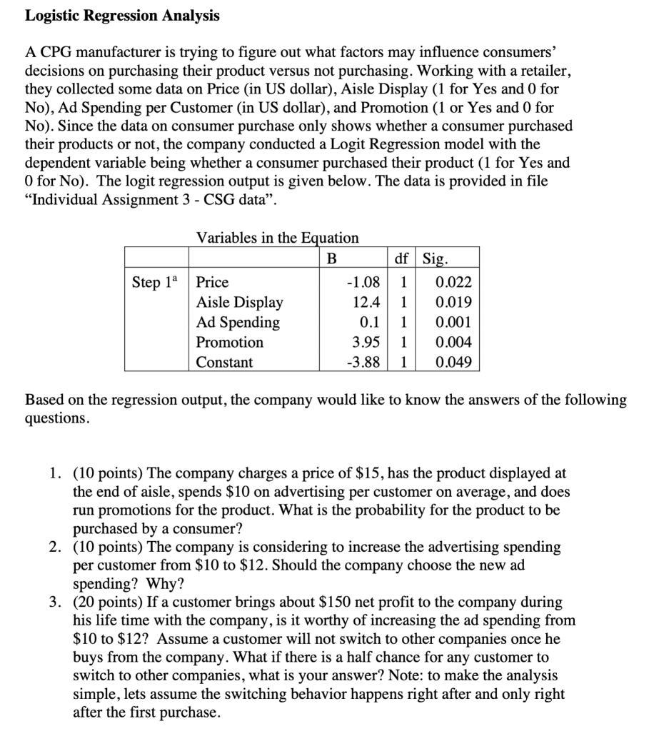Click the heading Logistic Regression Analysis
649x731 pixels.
coord(122,16)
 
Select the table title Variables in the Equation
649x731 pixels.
coord(277,237)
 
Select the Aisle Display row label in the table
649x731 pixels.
coord(239,302)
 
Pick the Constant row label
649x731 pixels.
coord(224,362)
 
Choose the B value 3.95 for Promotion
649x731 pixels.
coord(367,342)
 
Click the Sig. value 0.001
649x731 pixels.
coord(453,322)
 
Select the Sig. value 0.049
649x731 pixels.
coord(453,362)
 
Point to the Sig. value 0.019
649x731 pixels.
coord(453,302)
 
